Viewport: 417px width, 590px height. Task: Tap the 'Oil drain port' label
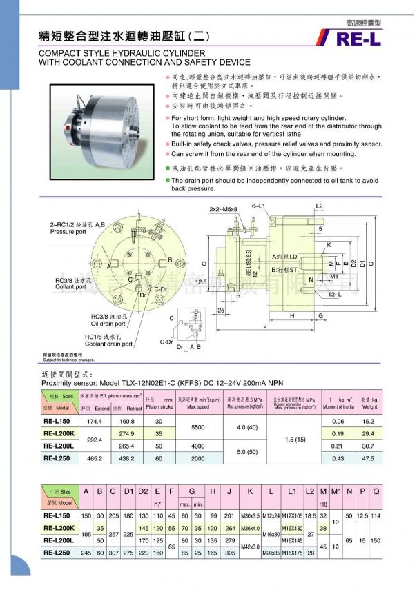(x=108, y=323)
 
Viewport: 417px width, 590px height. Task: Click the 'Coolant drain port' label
(x=108, y=344)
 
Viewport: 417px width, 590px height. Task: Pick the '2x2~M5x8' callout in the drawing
(x=223, y=208)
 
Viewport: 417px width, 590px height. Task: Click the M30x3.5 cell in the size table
(x=250, y=515)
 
